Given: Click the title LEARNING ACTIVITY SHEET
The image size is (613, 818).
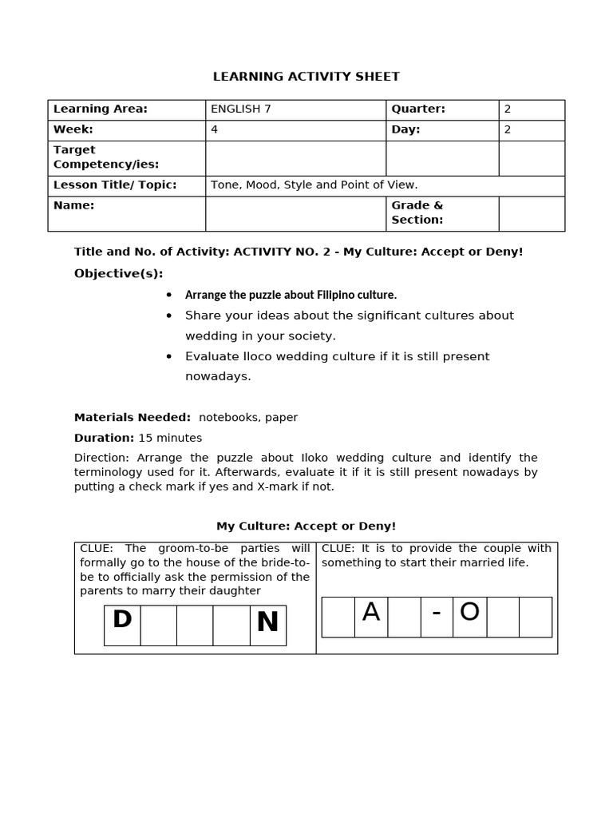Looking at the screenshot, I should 306,77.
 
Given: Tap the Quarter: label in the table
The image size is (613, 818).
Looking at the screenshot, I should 417,109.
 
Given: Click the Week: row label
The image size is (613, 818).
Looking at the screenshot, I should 73,129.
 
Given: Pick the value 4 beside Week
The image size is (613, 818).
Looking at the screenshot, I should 214,129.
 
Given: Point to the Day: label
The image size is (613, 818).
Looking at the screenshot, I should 405,129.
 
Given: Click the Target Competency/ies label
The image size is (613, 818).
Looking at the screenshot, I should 106,157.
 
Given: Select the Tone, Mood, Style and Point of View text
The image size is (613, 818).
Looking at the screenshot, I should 314,185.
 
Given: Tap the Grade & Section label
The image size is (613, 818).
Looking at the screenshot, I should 417,212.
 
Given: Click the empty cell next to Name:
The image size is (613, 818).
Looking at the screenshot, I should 295,213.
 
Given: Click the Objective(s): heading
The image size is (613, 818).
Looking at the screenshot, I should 118,274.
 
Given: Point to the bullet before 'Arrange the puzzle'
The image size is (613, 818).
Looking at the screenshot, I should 169,295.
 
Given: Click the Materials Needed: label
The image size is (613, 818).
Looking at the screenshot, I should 132,417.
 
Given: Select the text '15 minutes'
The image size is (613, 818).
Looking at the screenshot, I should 170,438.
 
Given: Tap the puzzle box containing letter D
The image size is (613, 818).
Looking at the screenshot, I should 122,624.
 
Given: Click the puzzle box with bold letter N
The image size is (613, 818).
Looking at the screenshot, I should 267,624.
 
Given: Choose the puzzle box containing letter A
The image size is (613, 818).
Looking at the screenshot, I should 370,616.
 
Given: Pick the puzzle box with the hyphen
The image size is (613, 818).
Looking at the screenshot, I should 437,616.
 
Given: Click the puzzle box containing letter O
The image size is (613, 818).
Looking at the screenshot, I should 469,616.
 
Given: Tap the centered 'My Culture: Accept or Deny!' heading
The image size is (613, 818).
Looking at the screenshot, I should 306,526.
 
